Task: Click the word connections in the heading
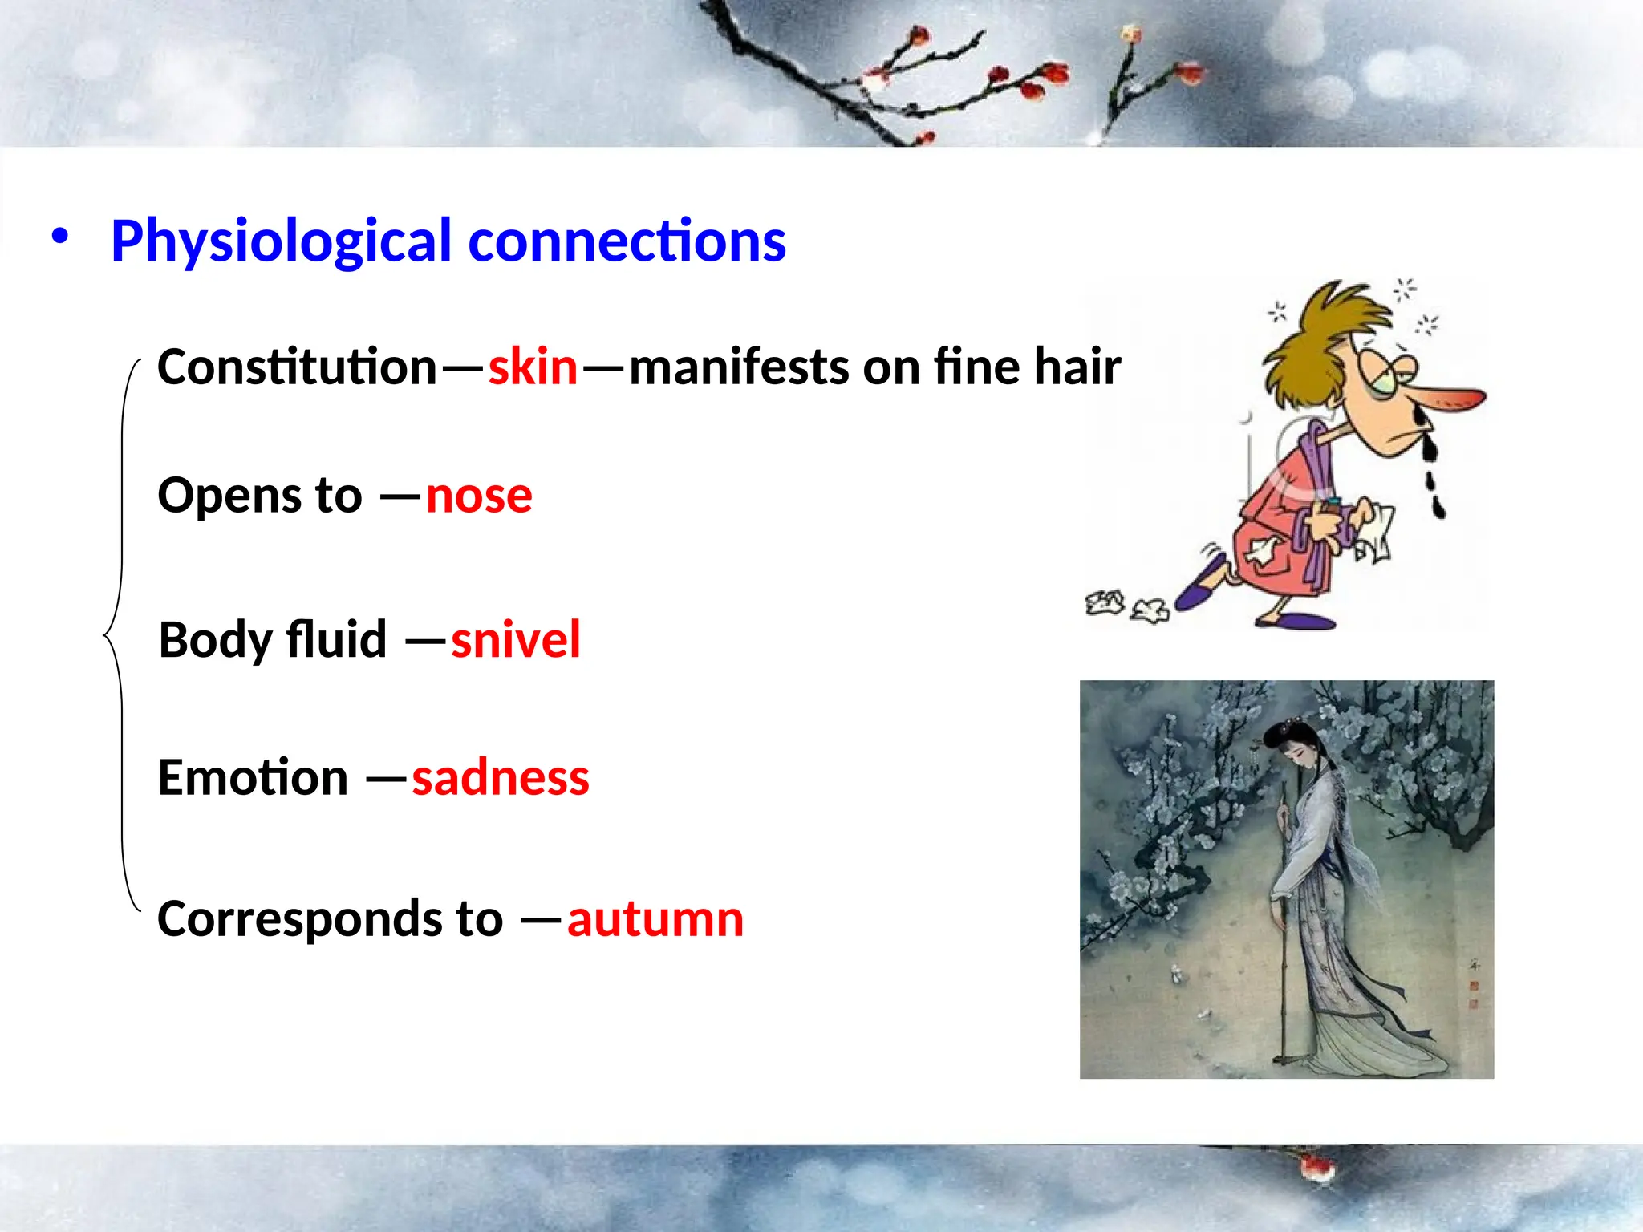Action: point(627,242)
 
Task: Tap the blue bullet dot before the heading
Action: point(59,237)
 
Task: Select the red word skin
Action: point(533,367)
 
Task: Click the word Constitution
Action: point(297,367)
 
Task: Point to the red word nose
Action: point(479,496)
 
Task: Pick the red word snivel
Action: point(515,640)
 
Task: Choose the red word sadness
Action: point(501,778)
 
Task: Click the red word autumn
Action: point(655,919)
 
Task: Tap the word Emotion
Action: point(253,778)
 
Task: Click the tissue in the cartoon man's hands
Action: point(1373,529)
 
